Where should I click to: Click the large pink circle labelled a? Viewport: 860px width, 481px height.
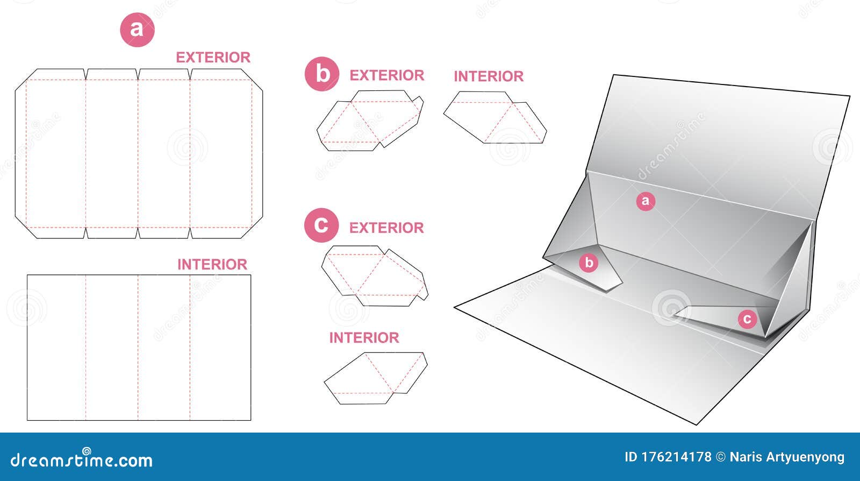pyautogui.click(x=137, y=30)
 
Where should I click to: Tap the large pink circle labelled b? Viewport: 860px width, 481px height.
pyautogui.click(x=322, y=74)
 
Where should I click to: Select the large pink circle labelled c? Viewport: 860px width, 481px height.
pyautogui.click(x=321, y=225)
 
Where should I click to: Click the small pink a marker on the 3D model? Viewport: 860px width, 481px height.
pyautogui.click(x=646, y=201)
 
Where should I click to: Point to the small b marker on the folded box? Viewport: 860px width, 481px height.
pyautogui.click(x=589, y=263)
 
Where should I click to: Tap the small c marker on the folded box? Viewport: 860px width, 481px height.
pyautogui.click(x=747, y=319)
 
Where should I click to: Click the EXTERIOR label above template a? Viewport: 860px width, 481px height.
pyautogui.click(x=213, y=58)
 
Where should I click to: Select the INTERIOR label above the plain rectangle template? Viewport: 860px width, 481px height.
pyautogui.click(x=212, y=264)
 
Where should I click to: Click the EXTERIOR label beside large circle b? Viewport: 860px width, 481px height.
pyautogui.click(x=387, y=75)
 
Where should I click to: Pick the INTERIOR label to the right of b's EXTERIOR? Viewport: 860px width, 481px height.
pyautogui.click(x=489, y=76)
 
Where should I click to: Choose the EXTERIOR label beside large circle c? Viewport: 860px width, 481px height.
pyautogui.click(x=386, y=228)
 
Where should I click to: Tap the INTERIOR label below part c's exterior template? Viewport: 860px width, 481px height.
pyautogui.click(x=364, y=338)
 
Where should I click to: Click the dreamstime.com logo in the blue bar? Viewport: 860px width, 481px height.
pyautogui.click(x=81, y=458)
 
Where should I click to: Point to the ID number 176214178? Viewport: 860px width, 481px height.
pyautogui.click(x=668, y=457)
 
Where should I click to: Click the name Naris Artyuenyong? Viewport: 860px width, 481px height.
pyautogui.click(x=787, y=457)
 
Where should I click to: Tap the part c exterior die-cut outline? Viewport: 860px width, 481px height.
pyautogui.click(x=322, y=265)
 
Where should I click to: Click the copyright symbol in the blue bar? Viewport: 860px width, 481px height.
pyautogui.click(x=721, y=457)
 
